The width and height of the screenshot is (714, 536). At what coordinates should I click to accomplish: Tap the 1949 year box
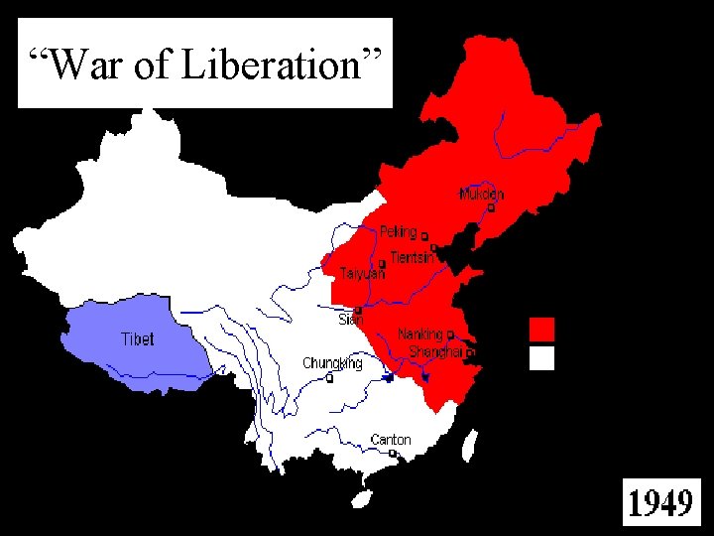click(x=660, y=502)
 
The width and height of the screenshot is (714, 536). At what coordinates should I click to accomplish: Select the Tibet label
click(x=138, y=338)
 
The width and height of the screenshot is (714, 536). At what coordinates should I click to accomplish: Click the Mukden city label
click(x=482, y=195)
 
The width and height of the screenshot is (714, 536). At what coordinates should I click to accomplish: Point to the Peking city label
click(x=399, y=232)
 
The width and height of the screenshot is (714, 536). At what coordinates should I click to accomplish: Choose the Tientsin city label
click(x=412, y=257)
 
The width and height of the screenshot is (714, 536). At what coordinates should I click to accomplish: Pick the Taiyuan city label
click(x=362, y=273)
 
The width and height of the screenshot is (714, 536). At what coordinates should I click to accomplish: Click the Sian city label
click(x=351, y=320)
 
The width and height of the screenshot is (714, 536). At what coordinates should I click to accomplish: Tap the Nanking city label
click(x=420, y=335)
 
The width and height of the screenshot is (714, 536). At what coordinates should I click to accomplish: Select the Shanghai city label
click(x=435, y=352)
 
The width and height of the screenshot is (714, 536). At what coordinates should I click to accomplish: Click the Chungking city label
click(x=332, y=363)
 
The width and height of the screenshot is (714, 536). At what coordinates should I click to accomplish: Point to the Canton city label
click(x=390, y=440)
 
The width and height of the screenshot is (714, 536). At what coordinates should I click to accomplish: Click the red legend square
click(x=541, y=329)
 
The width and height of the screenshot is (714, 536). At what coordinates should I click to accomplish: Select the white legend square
click(x=541, y=357)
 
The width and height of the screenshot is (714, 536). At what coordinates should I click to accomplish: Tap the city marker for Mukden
click(x=491, y=208)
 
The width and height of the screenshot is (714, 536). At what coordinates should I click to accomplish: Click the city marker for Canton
click(x=393, y=453)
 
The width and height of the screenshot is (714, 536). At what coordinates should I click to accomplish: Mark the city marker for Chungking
click(x=329, y=377)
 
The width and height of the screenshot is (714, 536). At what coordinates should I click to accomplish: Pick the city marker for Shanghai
click(x=470, y=352)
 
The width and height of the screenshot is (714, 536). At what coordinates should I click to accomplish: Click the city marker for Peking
click(x=424, y=237)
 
